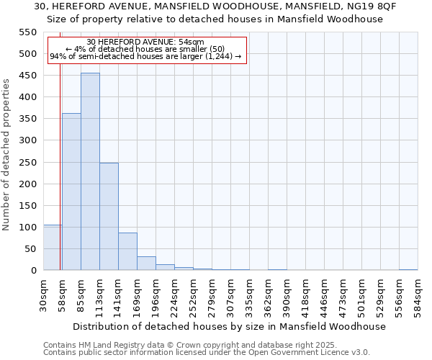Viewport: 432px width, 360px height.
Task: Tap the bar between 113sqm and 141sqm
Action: pyautogui.click(x=109, y=216)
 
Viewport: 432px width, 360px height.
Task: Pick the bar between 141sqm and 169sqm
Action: pyautogui.click(x=127, y=251)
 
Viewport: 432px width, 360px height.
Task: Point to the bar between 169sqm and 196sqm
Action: pyautogui.click(x=146, y=264)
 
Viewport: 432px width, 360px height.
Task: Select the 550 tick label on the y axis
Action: pyautogui.click(x=27, y=32)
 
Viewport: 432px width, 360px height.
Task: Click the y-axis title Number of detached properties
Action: pyautogui.click(x=6, y=155)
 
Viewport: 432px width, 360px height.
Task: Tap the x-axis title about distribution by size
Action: pyautogui.click(x=230, y=326)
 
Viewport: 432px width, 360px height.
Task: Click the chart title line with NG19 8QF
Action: pyautogui.click(x=215, y=6)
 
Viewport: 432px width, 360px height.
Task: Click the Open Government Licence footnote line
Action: pyautogui.click(x=207, y=353)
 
